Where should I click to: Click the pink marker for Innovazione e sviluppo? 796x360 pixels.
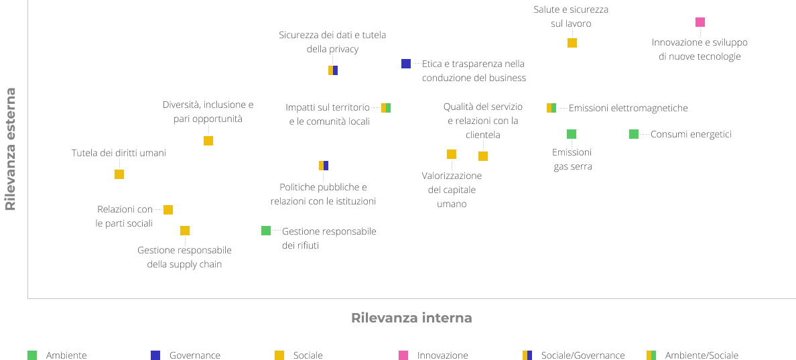(x=700, y=22)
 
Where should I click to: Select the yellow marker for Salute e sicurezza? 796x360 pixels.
(x=572, y=43)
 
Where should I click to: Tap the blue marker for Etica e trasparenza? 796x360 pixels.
(x=406, y=64)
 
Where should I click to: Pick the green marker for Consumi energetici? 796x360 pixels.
(x=634, y=134)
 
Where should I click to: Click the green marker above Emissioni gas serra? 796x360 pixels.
(x=572, y=134)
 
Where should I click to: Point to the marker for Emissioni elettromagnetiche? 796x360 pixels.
(x=551, y=108)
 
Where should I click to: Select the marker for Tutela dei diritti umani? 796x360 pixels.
(x=119, y=174)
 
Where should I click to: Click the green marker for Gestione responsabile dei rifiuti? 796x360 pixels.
(x=266, y=231)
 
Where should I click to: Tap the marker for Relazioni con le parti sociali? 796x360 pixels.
(x=168, y=210)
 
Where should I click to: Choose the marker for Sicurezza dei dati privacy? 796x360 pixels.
(x=333, y=70)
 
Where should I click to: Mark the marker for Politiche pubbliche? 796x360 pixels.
(x=324, y=166)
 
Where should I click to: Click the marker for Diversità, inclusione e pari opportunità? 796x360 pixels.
(x=208, y=141)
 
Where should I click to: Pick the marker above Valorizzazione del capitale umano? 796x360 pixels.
(x=452, y=154)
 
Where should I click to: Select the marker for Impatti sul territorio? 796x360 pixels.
(x=386, y=108)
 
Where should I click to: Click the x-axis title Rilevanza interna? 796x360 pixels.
(x=411, y=318)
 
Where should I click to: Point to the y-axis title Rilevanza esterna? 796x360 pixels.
(x=10, y=149)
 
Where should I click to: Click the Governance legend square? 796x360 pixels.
(x=155, y=355)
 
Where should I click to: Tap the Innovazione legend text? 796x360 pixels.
(x=443, y=355)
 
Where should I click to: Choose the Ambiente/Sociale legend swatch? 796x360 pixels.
(x=651, y=355)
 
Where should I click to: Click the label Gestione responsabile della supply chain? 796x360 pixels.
(x=184, y=257)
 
